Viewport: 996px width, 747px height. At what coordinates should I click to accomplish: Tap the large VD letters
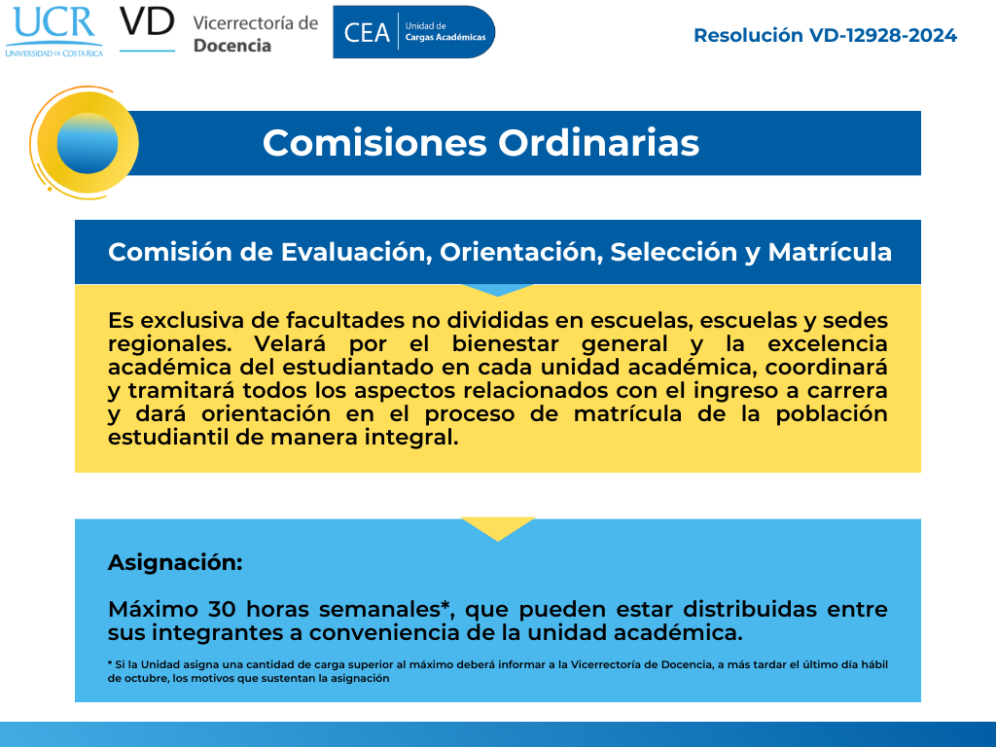tap(147, 22)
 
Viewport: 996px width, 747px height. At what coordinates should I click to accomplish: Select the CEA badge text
tap(367, 32)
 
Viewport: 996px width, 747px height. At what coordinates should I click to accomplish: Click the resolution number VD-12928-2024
tap(882, 36)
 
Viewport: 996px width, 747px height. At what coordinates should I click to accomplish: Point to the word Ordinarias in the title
tap(598, 143)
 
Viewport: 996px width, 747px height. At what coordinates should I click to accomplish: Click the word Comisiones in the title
tap(374, 143)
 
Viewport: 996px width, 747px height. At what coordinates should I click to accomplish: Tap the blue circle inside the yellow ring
tap(87, 144)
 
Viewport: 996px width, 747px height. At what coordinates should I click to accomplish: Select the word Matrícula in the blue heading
tap(830, 252)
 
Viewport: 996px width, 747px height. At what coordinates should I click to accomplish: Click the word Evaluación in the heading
tap(356, 252)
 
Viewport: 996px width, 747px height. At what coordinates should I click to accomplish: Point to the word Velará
tap(290, 343)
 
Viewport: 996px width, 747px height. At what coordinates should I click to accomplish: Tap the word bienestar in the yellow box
tap(505, 343)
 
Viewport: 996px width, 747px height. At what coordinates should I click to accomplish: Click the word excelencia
tap(827, 343)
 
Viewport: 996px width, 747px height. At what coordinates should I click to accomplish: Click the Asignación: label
tap(175, 563)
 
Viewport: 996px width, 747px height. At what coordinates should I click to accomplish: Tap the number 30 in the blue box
tap(222, 609)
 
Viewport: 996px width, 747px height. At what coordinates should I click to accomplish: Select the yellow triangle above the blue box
tap(497, 526)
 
